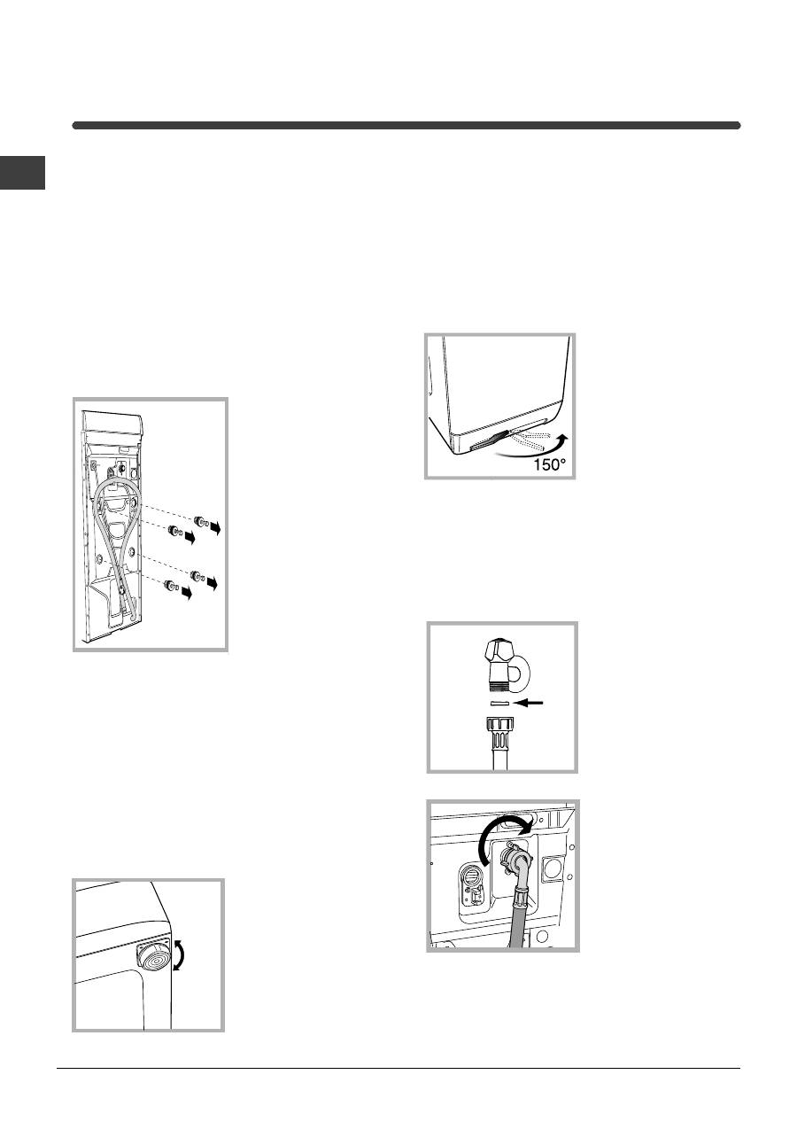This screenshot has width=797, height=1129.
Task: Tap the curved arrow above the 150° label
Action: pos(539,449)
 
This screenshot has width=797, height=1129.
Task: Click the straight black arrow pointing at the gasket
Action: pos(530,703)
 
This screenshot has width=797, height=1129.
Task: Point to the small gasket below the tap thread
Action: pos(499,703)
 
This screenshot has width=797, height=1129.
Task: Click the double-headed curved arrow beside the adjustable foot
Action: pos(178,954)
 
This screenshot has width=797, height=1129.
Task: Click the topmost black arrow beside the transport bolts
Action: pos(215,527)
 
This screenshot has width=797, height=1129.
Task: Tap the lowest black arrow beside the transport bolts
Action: pos(187,593)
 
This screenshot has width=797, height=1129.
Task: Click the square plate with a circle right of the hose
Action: pos(553,868)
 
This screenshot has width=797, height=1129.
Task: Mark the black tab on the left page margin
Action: pos(23,173)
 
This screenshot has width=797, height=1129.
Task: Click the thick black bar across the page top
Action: pos(406,125)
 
